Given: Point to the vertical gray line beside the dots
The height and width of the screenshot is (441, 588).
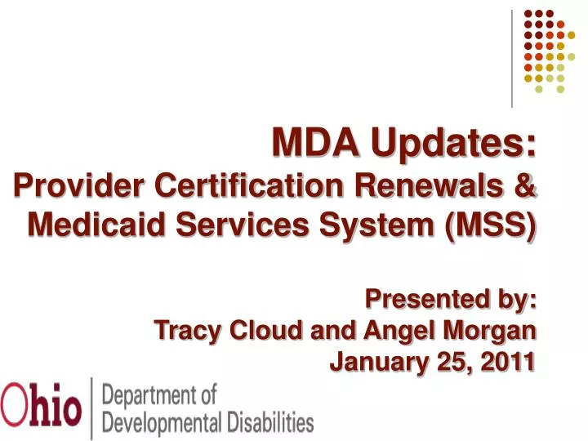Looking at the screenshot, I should point(512,57).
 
